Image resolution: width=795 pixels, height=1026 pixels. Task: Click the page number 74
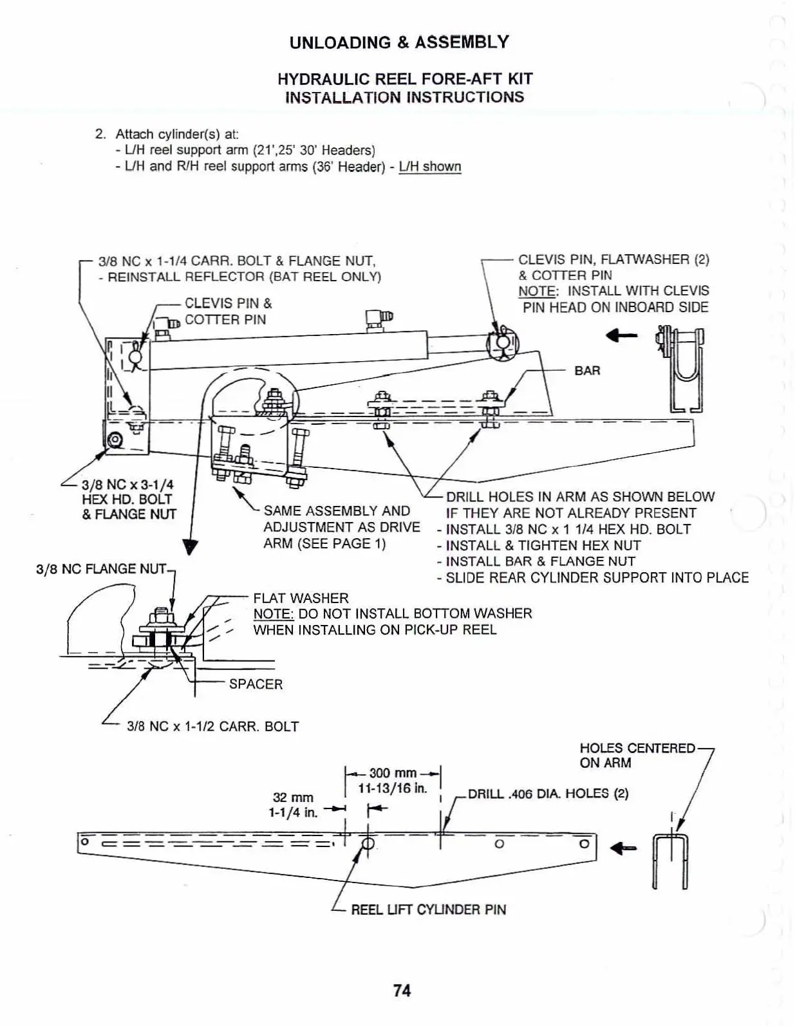pos(402,991)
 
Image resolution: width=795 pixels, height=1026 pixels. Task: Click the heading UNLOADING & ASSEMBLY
pos(399,42)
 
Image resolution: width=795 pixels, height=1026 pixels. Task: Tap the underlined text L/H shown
pos(430,167)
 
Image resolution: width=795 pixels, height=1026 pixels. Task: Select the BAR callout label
pos(587,371)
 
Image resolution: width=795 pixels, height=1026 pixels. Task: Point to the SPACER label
pos(256,684)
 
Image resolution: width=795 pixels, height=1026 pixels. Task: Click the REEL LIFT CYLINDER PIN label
pos(428,909)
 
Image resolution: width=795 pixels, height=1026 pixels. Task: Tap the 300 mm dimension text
pos(393,772)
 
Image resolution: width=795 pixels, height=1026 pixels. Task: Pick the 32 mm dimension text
pos(293,797)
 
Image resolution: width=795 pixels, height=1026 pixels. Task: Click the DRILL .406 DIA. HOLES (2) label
pos(548,794)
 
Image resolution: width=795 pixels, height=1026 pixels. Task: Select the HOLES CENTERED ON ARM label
pos(637,755)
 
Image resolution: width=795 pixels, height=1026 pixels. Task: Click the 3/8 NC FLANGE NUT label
pos(102,569)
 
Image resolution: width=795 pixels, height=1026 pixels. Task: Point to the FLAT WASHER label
pos(301,598)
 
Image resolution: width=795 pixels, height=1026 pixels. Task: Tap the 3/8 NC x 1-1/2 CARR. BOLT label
pos(212,727)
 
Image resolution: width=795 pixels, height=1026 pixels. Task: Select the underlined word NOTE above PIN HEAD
pos(536,291)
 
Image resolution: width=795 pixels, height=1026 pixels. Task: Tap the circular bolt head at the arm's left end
pos(116,440)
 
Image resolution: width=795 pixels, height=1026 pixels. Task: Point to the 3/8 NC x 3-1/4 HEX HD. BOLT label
pos(128,499)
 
